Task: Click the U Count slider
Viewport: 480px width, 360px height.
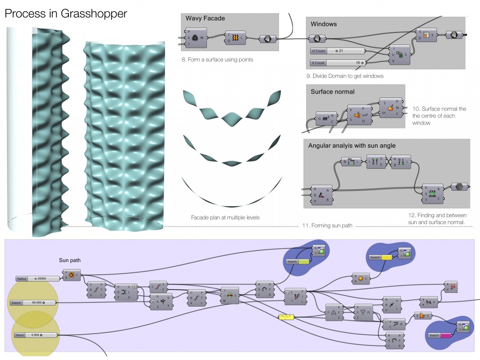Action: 338,51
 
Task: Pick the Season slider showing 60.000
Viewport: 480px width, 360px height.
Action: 33,303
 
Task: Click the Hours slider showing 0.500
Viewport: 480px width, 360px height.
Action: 35,335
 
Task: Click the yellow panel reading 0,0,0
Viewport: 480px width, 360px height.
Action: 286,317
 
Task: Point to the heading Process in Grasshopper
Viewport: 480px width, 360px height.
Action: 66,14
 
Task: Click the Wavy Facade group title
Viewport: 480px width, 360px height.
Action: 205,19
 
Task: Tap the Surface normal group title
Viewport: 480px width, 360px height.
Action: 332,92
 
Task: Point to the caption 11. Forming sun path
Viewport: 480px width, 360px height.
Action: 327,226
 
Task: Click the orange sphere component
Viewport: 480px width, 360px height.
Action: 360,279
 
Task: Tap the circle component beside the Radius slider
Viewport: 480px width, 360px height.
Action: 72,275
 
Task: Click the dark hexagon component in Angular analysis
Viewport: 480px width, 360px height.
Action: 459,187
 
